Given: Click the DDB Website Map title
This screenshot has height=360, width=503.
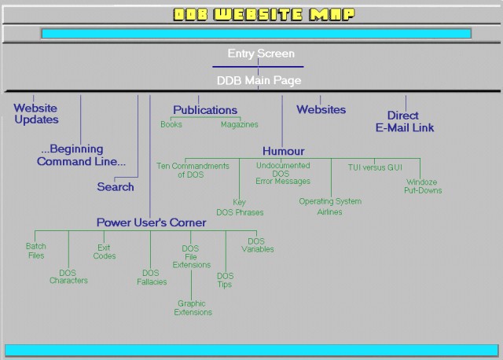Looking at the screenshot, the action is pos(264,14).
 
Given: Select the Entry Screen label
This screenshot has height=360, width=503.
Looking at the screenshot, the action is pos(261,53).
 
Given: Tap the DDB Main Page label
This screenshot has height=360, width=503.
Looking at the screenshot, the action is pos(259,80).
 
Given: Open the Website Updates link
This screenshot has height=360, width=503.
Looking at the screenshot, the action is pos(36,114).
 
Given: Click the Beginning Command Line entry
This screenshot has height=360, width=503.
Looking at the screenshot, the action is pos(81,155).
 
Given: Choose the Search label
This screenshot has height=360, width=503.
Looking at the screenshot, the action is pos(116,187).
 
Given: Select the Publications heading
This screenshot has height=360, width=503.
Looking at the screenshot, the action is pos(205,110).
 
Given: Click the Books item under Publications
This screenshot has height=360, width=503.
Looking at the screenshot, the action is pos(171,124).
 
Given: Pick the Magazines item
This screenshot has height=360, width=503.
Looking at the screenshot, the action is pos(239,124).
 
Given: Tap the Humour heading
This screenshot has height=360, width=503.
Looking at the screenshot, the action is pos(283,151).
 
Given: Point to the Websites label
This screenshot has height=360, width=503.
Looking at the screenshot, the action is pos(321,109).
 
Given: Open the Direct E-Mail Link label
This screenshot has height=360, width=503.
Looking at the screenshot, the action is pos(405,122).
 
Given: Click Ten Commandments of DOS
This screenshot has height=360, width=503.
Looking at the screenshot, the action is pos(193,170).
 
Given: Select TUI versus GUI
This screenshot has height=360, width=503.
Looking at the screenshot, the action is pos(375,167).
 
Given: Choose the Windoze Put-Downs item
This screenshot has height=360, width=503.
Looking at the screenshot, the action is pos(423,186).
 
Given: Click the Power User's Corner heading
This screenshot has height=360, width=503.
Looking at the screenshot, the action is pos(151,222).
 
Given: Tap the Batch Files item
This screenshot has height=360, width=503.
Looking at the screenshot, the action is pos(36,251).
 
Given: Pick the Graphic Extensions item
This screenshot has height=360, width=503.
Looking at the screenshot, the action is pos(193,307).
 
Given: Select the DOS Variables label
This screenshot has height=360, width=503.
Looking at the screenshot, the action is pos(257,245).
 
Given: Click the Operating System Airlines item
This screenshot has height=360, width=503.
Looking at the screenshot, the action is pos(330,207).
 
